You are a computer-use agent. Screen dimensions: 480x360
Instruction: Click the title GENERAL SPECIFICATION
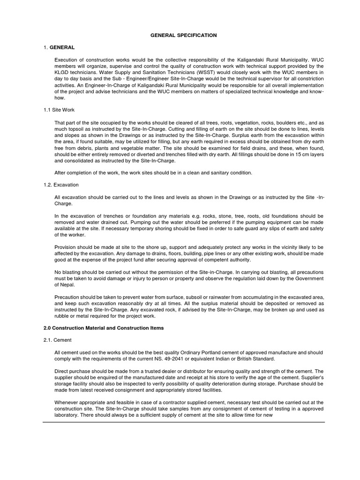pyautogui.click(x=183, y=35)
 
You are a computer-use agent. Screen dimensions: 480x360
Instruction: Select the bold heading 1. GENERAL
pyautogui.click(x=59, y=47)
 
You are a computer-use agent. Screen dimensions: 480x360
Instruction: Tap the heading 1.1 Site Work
pyautogui.click(x=58, y=110)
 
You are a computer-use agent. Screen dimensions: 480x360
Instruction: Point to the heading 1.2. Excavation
pyautogui.click(x=61, y=185)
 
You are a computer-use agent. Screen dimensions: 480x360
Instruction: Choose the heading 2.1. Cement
pyautogui.click(x=58, y=340)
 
